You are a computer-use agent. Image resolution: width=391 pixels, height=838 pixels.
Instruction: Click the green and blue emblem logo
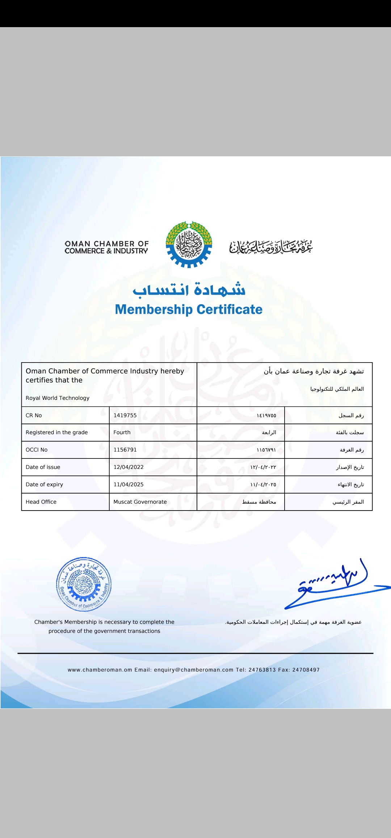coord(189,245)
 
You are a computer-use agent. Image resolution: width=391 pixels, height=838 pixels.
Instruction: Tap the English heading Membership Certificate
coord(189,310)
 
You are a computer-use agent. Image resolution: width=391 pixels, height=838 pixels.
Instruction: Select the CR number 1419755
coord(125,415)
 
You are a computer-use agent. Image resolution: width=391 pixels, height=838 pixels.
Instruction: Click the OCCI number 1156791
coord(125,450)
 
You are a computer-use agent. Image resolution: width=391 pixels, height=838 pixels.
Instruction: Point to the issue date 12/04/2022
coord(129,467)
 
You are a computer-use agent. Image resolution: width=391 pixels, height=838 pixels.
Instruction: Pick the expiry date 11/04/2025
coord(129,484)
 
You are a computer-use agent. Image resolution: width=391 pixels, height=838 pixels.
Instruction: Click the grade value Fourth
coord(122,432)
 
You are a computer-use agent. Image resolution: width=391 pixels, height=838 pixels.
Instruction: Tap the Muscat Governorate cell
coord(140,502)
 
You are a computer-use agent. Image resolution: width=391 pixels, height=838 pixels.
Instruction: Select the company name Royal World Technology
coord(58,398)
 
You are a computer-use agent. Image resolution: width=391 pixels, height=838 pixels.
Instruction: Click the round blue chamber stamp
coord(84,584)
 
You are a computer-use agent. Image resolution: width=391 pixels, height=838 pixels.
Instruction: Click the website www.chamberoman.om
coord(100,670)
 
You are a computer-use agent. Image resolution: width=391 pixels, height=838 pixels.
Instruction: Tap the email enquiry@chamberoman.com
coord(194,670)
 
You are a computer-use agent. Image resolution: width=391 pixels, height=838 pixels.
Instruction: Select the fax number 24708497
coord(306,670)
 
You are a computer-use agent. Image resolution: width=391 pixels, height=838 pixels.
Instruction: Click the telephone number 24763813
coord(262,670)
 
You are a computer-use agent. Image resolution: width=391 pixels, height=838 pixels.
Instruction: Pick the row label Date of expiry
coord(44,484)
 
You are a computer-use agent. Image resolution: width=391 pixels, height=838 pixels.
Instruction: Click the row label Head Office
coord(41,502)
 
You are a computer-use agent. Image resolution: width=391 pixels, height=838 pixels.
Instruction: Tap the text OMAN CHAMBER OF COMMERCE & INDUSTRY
coord(106,247)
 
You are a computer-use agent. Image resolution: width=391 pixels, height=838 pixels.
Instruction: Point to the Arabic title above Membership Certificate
coord(189,290)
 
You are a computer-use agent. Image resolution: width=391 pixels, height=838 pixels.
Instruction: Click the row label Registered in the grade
coord(57,432)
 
